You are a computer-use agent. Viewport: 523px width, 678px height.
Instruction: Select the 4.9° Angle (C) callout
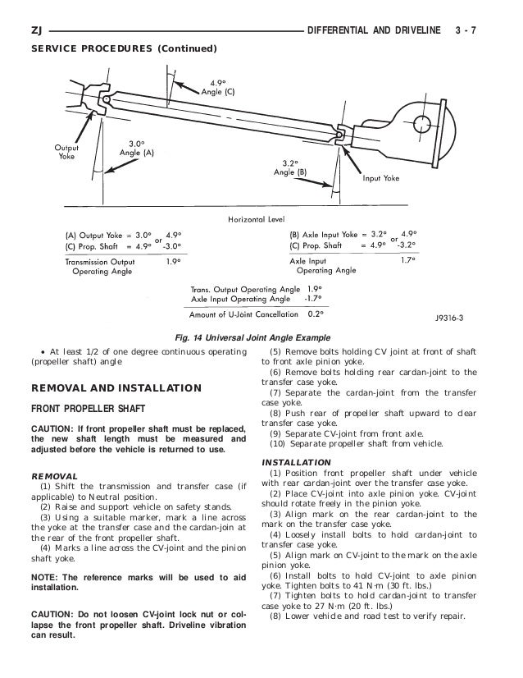click(x=217, y=88)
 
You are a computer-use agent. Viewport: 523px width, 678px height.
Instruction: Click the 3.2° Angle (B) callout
click(x=291, y=168)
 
